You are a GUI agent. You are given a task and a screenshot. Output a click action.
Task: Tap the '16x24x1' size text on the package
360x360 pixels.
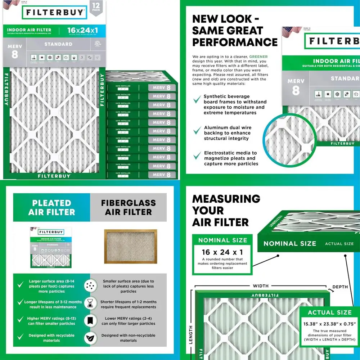82,30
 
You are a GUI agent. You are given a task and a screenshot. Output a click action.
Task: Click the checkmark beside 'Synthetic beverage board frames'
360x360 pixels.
197,100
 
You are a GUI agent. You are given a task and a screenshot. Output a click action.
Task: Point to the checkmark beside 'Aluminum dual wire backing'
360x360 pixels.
197,131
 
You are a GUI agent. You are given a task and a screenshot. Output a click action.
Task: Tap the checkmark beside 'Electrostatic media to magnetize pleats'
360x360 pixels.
197,156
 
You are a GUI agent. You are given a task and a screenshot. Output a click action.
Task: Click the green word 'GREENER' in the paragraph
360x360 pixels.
258,57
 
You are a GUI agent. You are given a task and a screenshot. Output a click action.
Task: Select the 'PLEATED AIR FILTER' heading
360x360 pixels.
52,208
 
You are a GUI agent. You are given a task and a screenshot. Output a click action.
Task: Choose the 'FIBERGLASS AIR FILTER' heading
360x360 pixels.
128,208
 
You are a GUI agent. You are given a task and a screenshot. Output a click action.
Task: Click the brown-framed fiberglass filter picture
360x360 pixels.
130,247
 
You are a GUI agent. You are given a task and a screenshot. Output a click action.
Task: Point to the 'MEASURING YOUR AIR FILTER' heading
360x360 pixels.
226,211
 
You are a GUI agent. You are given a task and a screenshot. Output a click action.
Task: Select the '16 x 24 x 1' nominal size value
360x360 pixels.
222,252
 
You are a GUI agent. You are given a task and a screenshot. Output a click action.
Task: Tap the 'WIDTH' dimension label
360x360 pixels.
261,286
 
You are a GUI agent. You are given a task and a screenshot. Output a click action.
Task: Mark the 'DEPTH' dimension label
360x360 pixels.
340,287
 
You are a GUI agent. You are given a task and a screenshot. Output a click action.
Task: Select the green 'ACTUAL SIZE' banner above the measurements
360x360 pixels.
329,312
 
